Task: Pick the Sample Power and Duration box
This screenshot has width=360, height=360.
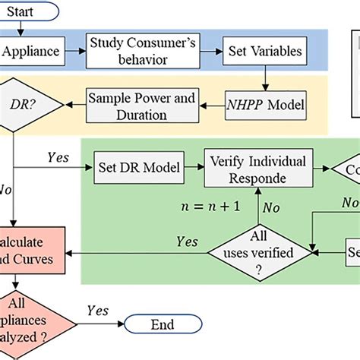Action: [x=142, y=106]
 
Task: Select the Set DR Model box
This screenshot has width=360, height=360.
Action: [x=134, y=168]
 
